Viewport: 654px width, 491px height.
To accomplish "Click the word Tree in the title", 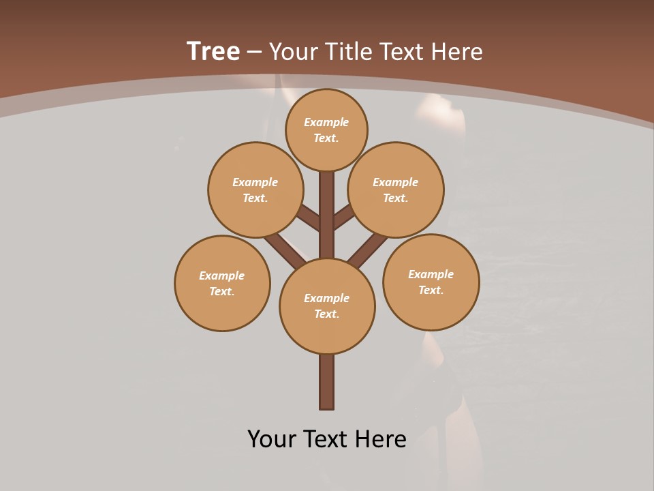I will (x=213, y=51).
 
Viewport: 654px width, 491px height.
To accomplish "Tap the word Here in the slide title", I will (x=456, y=51).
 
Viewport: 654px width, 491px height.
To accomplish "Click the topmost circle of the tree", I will (x=326, y=130).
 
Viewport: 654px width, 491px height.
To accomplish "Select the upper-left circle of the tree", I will (x=255, y=190).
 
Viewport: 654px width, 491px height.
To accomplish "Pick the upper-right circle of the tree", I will (x=396, y=190).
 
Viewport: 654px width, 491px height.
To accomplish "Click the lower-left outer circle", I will (x=222, y=283).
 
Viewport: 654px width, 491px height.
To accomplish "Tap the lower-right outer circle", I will (x=431, y=282).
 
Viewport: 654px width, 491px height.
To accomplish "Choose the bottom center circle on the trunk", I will (x=327, y=306).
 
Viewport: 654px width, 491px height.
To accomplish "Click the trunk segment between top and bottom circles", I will (x=327, y=215).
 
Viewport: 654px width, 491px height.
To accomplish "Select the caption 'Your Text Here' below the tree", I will (x=327, y=438).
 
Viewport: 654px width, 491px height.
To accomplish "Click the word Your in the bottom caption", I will (x=271, y=438).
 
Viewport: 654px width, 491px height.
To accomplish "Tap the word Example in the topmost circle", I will (x=326, y=122).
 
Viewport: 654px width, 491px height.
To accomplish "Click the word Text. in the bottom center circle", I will (x=327, y=314).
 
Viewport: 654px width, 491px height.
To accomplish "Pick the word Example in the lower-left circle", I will (x=221, y=276).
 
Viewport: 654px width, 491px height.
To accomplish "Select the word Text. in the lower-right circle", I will (x=431, y=290).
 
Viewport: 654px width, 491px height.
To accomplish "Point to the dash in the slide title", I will (x=254, y=52).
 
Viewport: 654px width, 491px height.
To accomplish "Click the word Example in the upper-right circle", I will (x=395, y=182).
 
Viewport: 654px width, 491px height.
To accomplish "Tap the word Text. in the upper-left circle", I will (x=255, y=198).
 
